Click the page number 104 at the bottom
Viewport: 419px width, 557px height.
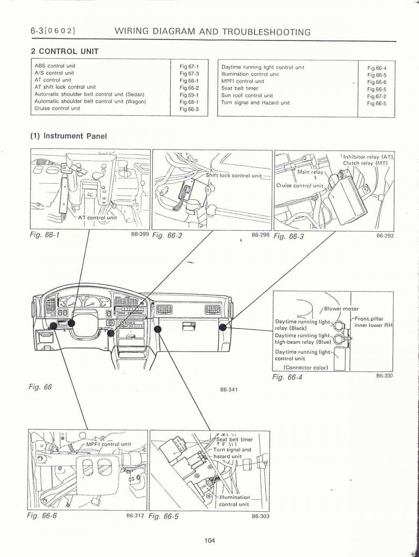(x=209, y=541)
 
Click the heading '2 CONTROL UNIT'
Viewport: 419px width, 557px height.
(x=65, y=51)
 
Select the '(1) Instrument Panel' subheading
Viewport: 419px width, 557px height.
(x=68, y=136)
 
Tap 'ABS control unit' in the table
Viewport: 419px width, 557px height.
(x=55, y=66)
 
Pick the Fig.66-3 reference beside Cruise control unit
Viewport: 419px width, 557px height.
(x=189, y=109)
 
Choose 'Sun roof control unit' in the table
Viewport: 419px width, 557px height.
(x=247, y=95)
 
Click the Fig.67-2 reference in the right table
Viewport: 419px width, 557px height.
(x=376, y=96)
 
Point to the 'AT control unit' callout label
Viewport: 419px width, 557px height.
(x=97, y=217)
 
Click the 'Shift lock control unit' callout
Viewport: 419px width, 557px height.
(x=234, y=175)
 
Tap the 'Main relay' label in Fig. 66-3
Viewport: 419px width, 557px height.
(x=310, y=172)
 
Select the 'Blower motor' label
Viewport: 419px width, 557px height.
(x=341, y=309)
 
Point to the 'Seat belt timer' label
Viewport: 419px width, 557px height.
(x=234, y=440)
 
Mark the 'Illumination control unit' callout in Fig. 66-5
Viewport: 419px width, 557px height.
(x=234, y=501)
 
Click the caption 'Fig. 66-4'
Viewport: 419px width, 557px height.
(x=287, y=377)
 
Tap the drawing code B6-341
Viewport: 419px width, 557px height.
(x=229, y=390)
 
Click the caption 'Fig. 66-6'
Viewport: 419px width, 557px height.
(x=42, y=515)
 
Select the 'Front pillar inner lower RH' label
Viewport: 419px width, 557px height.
(x=373, y=322)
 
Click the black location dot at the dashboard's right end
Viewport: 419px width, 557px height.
(x=223, y=327)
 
